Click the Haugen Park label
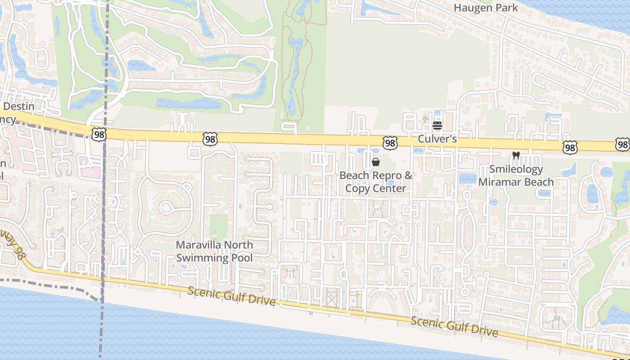[x=486, y=8]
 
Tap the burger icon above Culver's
[x=437, y=126]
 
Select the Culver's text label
[x=437, y=139]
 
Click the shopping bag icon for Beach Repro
[x=376, y=162]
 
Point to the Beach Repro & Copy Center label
[x=376, y=182]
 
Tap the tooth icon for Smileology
[x=516, y=156]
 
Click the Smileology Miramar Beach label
[x=516, y=175]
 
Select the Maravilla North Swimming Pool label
[x=214, y=252]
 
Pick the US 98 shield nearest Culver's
[x=390, y=143]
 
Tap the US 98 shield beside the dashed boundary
[x=99, y=134]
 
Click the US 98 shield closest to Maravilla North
[x=210, y=139]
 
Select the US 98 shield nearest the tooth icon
[x=569, y=147]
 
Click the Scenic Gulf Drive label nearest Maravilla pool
[x=231, y=296]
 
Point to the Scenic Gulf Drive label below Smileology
[x=454, y=326]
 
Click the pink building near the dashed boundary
[x=90, y=166]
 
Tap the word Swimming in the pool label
[x=202, y=258]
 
